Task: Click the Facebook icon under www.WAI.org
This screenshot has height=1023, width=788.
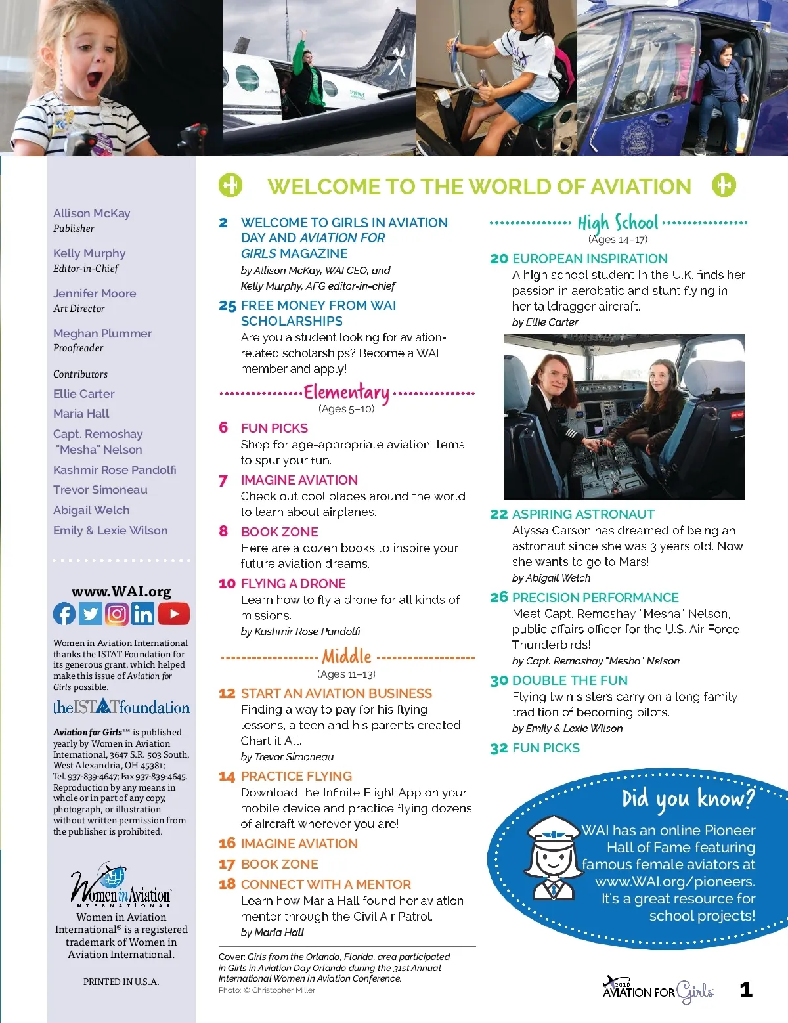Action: (x=64, y=614)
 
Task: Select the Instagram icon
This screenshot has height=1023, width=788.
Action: (x=117, y=614)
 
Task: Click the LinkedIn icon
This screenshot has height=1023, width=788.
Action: (x=142, y=614)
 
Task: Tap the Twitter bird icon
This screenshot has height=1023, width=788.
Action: (x=91, y=614)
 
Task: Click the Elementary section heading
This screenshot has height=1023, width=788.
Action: (x=346, y=393)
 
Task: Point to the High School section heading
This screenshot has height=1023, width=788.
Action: (x=617, y=223)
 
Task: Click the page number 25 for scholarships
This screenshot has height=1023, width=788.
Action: (x=227, y=306)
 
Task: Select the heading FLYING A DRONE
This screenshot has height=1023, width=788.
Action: (x=293, y=584)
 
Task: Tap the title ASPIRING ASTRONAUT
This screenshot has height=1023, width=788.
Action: (x=583, y=514)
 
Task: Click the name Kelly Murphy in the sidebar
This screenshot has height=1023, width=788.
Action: (x=89, y=253)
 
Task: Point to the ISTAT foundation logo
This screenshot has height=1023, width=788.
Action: (x=121, y=707)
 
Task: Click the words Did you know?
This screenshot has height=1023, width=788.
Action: (x=688, y=798)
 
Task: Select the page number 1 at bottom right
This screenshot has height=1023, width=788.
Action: (x=746, y=990)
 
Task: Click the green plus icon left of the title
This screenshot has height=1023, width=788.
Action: (x=230, y=185)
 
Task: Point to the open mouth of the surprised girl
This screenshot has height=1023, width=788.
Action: (x=94, y=80)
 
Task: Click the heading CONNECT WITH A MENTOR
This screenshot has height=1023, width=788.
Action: (x=326, y=884)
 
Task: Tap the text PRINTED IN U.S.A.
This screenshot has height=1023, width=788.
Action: (x=121, y=982)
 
